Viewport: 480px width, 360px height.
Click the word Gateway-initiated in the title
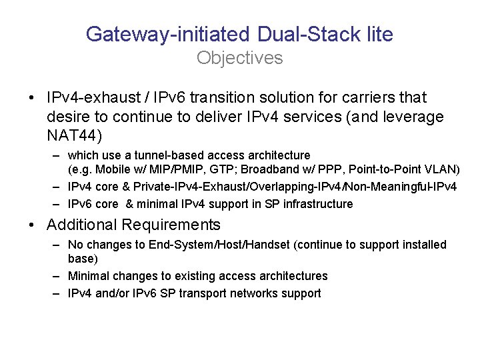coord(167,34)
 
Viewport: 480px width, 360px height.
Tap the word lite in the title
coord(375,34)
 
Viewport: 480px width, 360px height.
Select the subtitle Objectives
coord(239,58)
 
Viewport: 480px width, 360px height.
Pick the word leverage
coord(411,117)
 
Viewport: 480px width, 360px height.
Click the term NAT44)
coord(74,137)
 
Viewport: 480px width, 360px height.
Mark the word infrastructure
coord(316,203)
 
